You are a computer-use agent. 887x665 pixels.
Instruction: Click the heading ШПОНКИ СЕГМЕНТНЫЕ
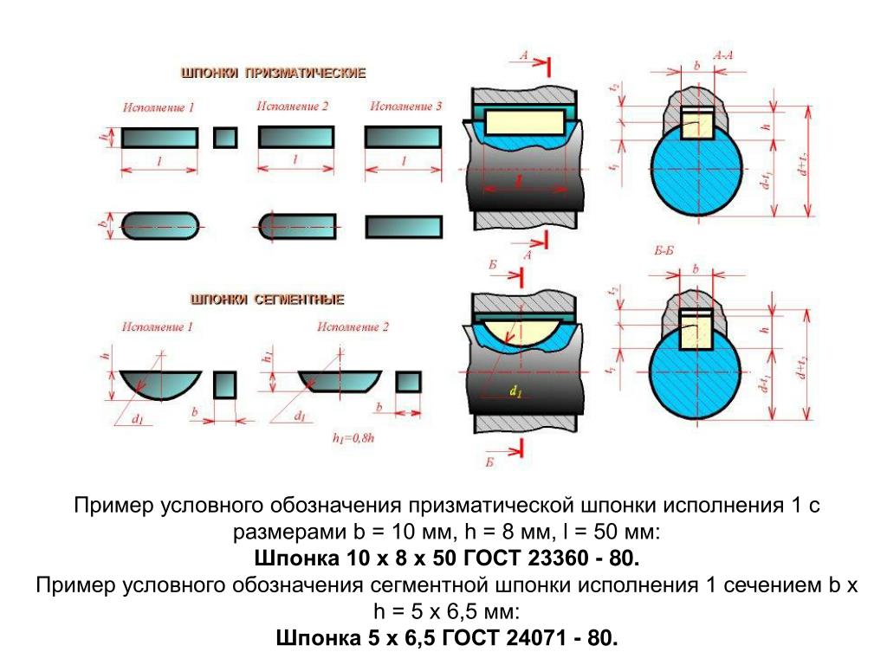268,300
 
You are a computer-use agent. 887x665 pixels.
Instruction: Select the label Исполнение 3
405,107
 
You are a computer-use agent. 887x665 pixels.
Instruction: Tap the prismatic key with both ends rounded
160,225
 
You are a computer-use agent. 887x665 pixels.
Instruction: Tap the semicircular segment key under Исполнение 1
159,384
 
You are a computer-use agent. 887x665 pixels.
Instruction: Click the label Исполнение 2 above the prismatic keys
293,107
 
